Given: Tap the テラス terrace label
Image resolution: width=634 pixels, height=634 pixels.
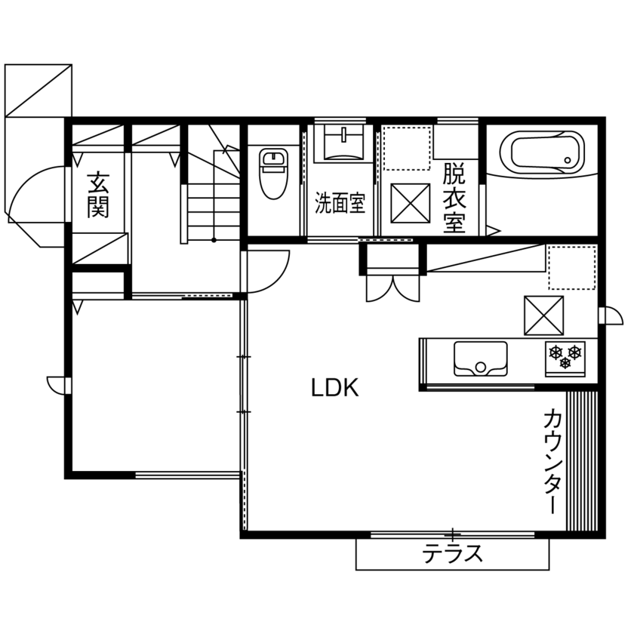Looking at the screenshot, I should (x=452, y=555).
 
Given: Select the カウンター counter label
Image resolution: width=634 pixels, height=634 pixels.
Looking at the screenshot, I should (x=552, y=460).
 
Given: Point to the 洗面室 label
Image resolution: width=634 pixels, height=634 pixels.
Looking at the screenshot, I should (x=340, y=203).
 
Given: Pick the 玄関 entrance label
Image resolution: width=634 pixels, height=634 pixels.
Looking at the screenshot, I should (x=97, y=195).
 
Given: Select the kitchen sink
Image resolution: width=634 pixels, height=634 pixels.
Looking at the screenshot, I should (x=480, y=358).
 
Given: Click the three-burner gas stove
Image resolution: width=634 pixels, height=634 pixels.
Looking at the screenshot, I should (x=565, y=357).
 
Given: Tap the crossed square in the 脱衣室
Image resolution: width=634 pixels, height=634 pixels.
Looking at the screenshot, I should (x=410, y=203).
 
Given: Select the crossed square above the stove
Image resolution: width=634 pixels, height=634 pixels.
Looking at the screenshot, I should (x=544, y=315).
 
